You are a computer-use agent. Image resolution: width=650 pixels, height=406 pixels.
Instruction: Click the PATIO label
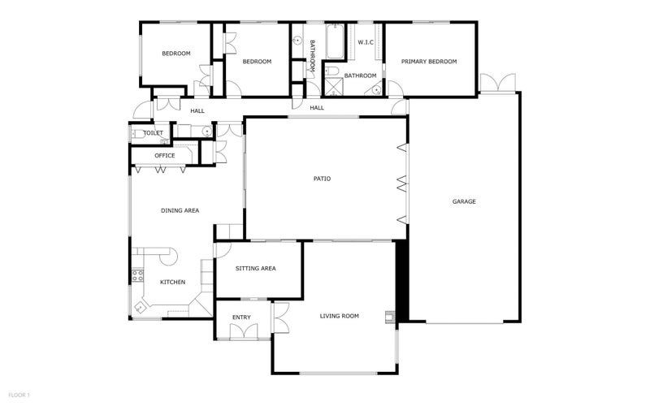coord(322,179)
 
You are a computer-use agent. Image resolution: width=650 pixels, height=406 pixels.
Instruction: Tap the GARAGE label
coord(464,201)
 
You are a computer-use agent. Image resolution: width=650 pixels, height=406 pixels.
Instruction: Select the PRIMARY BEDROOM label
coord(429,62)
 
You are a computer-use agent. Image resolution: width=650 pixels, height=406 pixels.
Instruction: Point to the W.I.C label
coord(366,42)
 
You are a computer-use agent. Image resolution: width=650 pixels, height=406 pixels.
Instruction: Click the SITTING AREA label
coord(256,269)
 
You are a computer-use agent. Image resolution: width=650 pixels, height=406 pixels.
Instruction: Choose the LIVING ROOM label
coord(340,316)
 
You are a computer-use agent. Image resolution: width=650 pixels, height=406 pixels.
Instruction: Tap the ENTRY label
coord(241,317)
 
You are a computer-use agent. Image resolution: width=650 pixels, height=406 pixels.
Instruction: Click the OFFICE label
coord(165,156)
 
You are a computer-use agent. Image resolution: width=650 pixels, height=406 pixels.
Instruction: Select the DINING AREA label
coord(180,210)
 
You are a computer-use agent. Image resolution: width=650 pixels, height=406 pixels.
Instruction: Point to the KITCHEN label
coord(173,282)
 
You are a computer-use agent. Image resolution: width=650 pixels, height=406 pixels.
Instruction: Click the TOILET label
coord(154,133)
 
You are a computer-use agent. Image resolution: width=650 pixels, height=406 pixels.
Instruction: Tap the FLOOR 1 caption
coord(19,395)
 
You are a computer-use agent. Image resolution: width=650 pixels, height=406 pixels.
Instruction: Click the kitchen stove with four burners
coord(137,275)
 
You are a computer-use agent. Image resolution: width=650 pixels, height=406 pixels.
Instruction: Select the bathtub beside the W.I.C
coord(335,42)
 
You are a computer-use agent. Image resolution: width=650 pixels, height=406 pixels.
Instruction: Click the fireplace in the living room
coord(390,317)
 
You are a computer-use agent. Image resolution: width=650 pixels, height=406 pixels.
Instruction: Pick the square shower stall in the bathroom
coord(334,87)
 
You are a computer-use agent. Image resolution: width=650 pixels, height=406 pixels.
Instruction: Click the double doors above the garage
coord(498,83)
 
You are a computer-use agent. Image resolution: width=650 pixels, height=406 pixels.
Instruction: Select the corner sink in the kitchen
coord(140,307)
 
